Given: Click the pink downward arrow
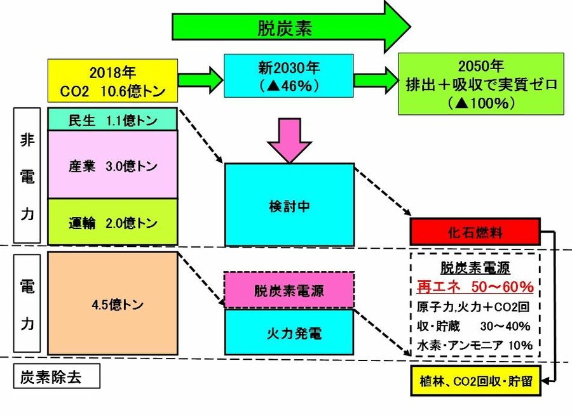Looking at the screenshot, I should click(289, 140).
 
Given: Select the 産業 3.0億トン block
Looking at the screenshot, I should click(113, 166).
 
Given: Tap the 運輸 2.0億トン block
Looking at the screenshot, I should click(113, 223).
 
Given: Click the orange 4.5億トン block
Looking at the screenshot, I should click(113, 304).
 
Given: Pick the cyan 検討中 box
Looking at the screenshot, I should click(289, 205).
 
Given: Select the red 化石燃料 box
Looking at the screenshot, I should click(475, 232).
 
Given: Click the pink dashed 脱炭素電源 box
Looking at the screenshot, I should click(289, 291).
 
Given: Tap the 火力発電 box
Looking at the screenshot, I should click(289, 332).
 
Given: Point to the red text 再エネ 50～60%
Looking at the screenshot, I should click(475, 287).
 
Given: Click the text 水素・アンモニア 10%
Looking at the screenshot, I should click(475, 345).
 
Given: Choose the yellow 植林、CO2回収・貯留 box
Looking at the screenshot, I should click(475, 381).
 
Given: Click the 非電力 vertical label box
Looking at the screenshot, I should click(27, 176).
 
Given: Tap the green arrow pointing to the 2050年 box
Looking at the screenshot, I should click(375, 80).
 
